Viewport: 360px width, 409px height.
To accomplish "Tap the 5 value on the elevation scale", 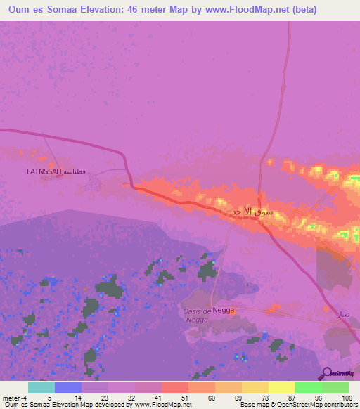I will click(x=49, y=397).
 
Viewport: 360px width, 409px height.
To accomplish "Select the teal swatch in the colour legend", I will click(x=41, y=387).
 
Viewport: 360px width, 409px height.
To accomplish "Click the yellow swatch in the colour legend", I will click(x=281, y=387).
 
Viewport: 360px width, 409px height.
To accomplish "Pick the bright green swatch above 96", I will click(x=308, y=387).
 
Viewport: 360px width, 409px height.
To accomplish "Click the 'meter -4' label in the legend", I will click(x=14, y=397).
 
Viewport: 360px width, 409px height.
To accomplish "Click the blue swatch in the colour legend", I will click(x=67, y=387).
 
